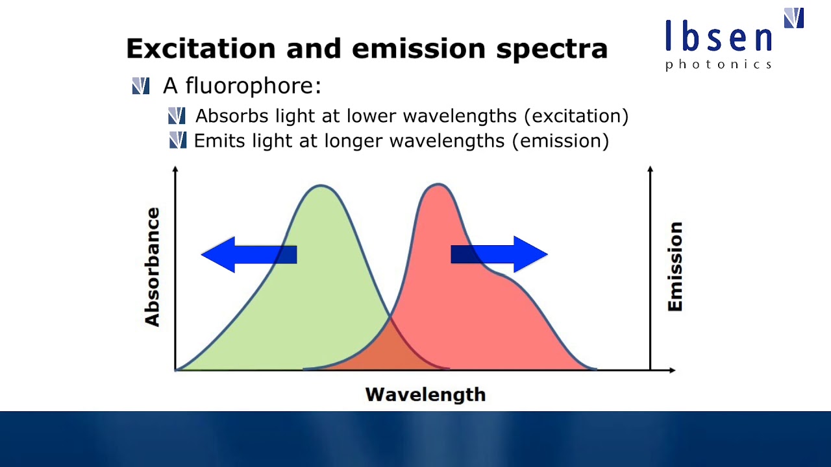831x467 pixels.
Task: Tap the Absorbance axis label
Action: (x=152, y=267)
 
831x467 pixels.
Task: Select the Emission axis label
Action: (x=675, y=267)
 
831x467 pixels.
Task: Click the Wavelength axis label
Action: (x=425, y=394)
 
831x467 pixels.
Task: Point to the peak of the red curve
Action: (x=439, y=185)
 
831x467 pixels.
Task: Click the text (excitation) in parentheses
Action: (x=576, y=117)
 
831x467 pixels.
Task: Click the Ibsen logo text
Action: (x=719, y=37)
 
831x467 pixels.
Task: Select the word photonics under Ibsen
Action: (x=719, y=64)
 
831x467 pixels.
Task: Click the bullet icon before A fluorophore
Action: (x=141, y=86)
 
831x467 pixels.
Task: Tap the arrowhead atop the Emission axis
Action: (x=650, y=170)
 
